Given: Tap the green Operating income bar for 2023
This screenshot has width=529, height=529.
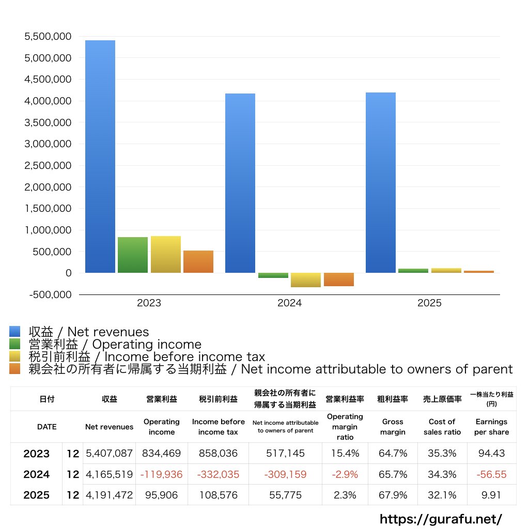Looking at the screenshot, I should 133,255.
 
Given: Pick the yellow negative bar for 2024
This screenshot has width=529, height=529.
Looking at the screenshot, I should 306,280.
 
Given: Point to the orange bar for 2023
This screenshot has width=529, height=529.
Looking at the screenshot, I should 198,261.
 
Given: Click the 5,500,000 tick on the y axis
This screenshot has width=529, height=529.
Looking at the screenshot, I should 48,37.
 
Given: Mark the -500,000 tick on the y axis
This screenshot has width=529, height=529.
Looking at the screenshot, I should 48,294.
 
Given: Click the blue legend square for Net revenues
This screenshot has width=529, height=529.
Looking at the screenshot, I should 15,332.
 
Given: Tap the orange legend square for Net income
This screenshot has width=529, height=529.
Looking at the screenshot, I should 15,369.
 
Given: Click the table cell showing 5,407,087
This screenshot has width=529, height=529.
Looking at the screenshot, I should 109,454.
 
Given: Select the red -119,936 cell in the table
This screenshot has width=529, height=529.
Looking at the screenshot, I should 162,474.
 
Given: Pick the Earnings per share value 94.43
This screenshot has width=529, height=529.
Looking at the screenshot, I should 491,454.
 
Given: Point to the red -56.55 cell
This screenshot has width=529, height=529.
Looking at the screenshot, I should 491,474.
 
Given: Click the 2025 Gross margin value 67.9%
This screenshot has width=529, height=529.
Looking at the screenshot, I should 393,495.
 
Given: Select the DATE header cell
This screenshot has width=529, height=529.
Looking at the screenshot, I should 47,427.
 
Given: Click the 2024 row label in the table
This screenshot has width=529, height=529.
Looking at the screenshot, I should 37,474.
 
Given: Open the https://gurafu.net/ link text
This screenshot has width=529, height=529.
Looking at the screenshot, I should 441,519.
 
